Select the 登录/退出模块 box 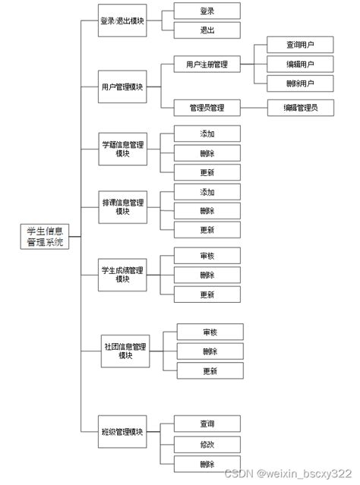(x=122, y=21)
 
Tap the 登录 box (x=207, y=11)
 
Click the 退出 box (x=207, y=31)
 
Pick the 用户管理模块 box (x=122, y=87)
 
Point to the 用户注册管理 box (x=207, y=65)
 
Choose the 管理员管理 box (x=207, y=107)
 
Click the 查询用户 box (x=300, y=45)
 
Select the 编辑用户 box (x=300, y=64)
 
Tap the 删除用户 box (x=300, y=83)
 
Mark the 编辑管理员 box (x=302, y=107)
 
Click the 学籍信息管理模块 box (x=122, y=148)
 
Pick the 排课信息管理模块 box (x=122, y=206)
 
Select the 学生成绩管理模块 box (x=122, y=274)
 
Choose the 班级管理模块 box (x=122, y=432)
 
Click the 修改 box (x=207, y=444)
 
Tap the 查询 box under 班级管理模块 (x=207, y=424)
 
